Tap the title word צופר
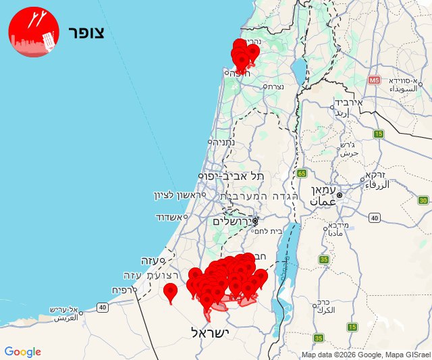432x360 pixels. click(86, 33)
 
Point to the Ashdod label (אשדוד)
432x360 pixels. click(169, 217)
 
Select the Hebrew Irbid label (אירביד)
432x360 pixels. click(348, 103)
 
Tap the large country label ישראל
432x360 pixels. click(211, 332)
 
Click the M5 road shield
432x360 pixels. click(375, 80)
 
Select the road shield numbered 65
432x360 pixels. click(300, 174)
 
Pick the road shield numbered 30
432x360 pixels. click(423, 200)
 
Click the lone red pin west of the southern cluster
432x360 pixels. click(171, 292)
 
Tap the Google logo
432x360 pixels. click(22, 352)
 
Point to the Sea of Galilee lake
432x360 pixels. click(299, 68)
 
